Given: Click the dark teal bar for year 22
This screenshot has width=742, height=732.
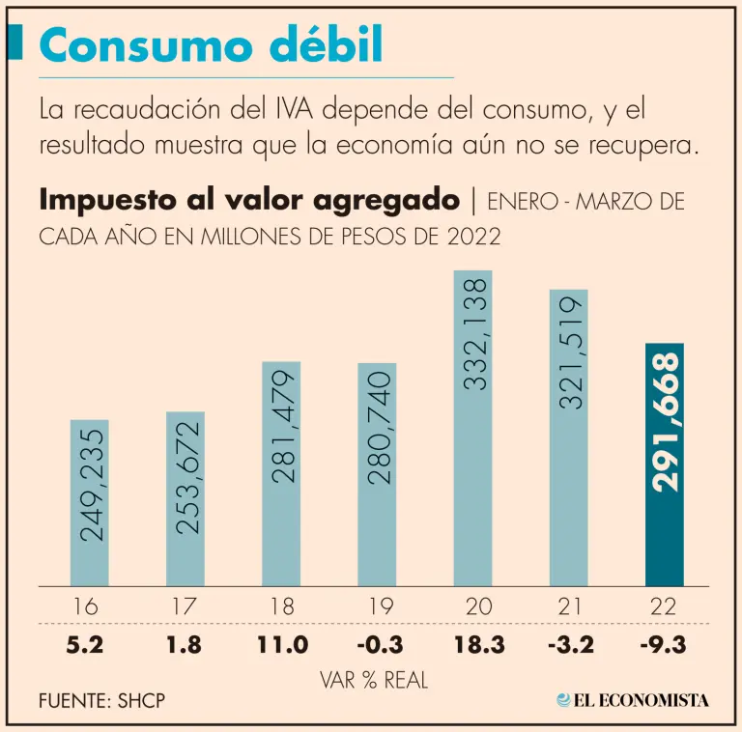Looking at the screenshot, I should tap(664, 464).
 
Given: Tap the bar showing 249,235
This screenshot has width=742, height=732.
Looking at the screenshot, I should tap(89, 502).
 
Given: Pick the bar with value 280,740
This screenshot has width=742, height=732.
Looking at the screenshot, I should tap(377, 474).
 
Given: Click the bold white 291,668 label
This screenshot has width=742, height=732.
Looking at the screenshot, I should tap(665, 423).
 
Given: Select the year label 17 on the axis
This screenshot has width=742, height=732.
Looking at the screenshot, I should tap(185, 608).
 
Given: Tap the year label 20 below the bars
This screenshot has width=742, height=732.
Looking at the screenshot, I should tap(472, 608).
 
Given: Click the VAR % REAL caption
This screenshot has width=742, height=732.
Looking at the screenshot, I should tap(374, 680).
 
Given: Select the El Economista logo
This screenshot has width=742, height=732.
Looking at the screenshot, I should tap(633, 699).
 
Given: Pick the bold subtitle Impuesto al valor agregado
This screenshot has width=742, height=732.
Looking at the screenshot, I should tap(249, 201).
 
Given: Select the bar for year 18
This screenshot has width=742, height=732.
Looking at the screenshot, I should tap(281, 473).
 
